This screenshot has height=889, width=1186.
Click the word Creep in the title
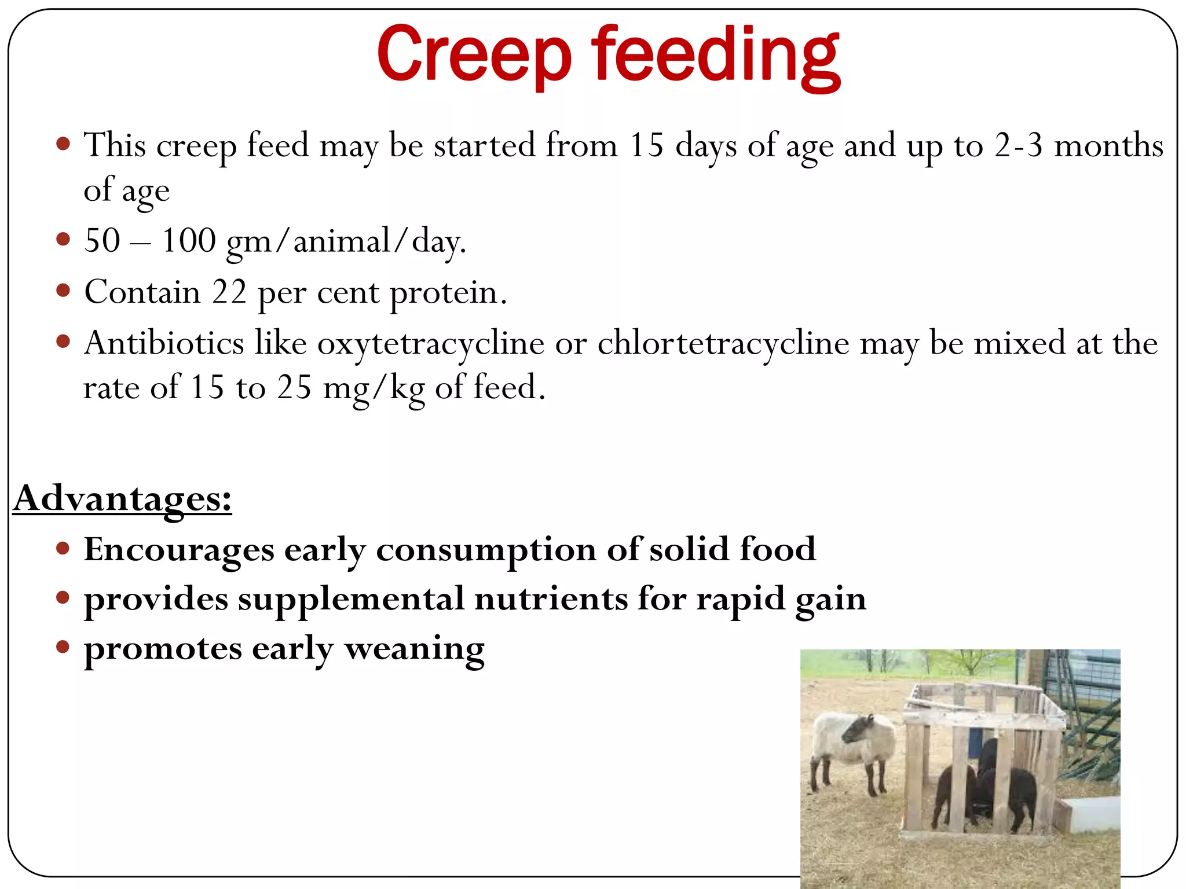tap(474, 55)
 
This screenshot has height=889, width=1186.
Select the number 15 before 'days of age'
tap(646, 145)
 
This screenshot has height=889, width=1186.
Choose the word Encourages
tap(179, 549)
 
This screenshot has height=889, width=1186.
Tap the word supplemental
tap(351, 598)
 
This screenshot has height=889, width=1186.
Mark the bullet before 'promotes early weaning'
tap(64, 646)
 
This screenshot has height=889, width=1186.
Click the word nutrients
tap(551, 598)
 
